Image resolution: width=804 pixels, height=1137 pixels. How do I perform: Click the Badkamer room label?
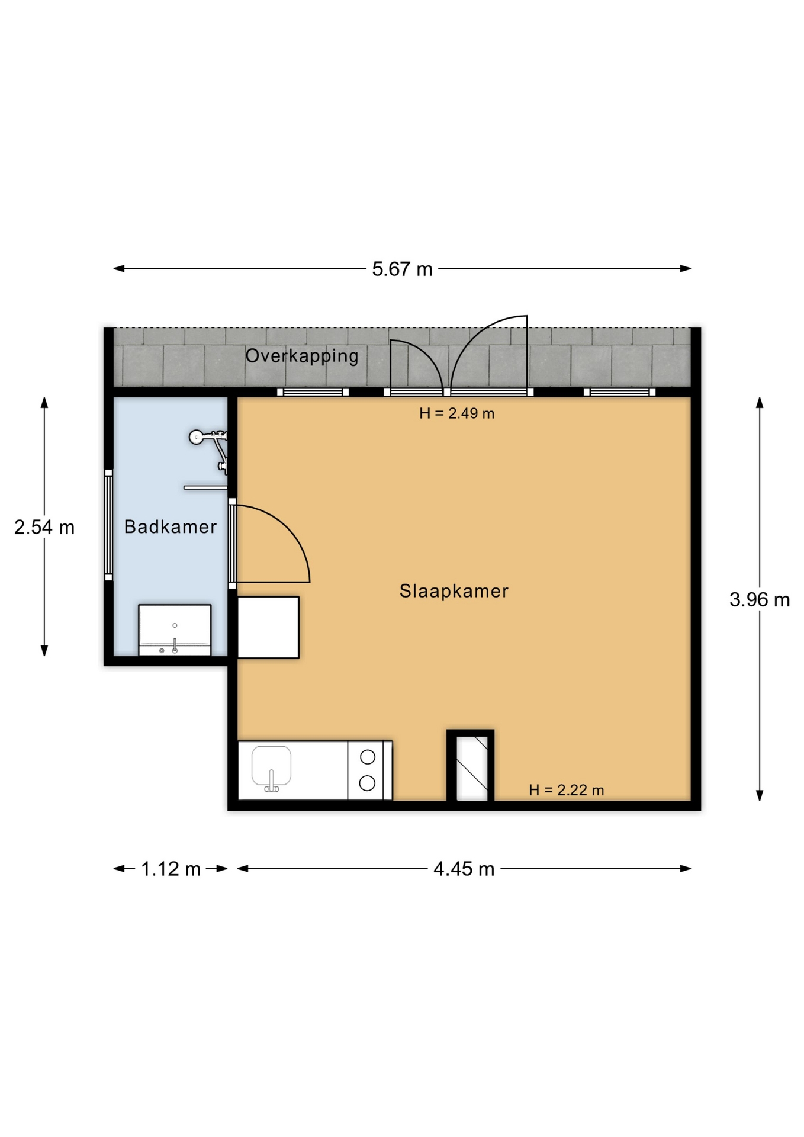point(171,526)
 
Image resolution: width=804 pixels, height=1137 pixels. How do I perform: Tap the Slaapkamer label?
point(454,590)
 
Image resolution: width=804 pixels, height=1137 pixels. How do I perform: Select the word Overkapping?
point(302,356)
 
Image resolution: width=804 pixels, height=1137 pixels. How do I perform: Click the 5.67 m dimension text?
point(402,269)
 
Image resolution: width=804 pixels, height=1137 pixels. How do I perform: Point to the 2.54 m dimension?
point(44,527)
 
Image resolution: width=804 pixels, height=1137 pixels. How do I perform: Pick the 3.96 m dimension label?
point(760,600)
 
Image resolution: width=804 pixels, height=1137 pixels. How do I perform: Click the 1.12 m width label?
point(171,869)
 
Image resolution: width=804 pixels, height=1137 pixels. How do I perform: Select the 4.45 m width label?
point(464,869)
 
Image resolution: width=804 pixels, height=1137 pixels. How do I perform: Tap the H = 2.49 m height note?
point(456,413)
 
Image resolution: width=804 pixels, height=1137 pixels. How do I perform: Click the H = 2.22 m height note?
point(567,790)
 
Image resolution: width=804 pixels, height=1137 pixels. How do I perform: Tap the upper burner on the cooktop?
point(368,757)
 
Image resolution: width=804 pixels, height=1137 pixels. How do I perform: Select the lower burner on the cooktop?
point(367,783)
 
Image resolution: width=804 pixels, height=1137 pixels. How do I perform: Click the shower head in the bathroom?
point(196,437)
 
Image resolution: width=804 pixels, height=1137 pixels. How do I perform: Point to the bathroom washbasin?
point(175,629)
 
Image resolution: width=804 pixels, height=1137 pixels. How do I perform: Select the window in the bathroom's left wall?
point(108,525)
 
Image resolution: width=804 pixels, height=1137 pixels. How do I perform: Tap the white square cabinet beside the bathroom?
point(268,627)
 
